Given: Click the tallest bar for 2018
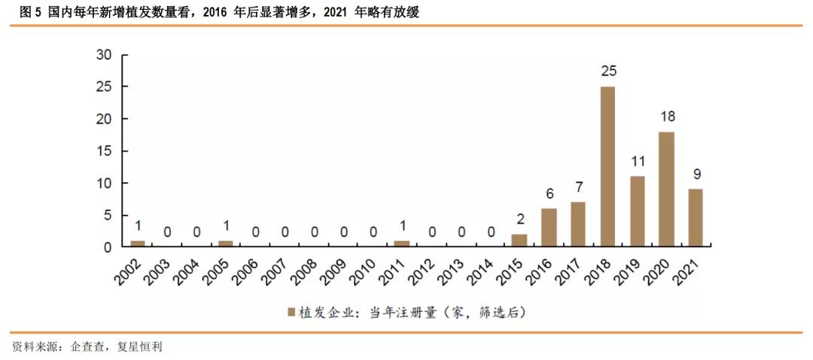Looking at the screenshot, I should click(607, 166).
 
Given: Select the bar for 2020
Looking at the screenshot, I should click(666, 189).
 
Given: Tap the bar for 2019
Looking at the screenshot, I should click(637, 211).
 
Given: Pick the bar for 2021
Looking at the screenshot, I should click(696, 218).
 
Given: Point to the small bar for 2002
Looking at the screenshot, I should click(138, 243).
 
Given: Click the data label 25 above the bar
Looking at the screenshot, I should click(608, 72).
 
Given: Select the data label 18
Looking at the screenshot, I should click(667, 116).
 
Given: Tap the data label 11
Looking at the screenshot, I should click(638, 161).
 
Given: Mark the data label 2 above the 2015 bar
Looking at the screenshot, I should click(520, 219).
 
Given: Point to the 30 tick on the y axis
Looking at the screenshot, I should click(104, 55).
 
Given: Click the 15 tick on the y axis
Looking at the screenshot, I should click(104, 151).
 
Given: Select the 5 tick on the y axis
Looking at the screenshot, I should click(108, 215).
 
